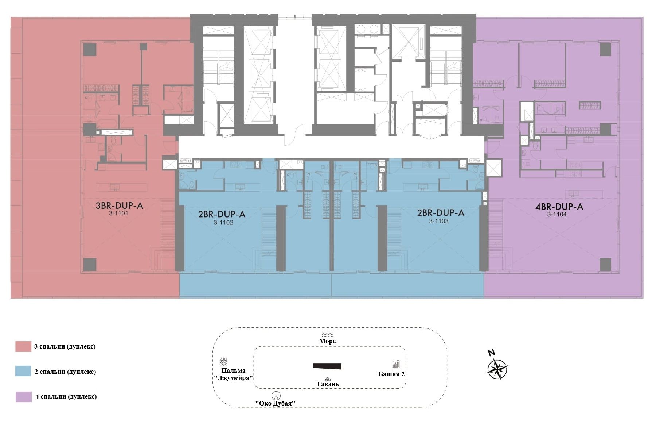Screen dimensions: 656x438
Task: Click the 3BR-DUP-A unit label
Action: pos(120,206)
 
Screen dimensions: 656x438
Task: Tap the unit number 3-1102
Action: pos(223,222)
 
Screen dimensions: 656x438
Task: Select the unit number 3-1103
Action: pos(438,221)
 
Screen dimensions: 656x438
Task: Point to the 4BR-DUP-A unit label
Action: pos(559,207)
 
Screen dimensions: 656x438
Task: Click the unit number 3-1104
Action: pos(557,215)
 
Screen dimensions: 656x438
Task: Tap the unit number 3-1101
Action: pos(118,214)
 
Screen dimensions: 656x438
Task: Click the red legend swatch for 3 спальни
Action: pos(23,346)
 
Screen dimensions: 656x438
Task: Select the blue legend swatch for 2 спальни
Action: pos(23,371)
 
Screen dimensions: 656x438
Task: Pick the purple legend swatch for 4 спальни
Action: pos(23,397)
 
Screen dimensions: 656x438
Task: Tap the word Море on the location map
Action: pos(327,341)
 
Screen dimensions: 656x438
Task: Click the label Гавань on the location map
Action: pos(328,384)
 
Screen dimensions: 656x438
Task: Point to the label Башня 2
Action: pos(392,374)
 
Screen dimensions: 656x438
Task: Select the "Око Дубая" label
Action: pos(275,403)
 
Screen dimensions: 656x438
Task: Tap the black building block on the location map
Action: pos(327,366)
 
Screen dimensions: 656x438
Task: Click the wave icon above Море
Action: pos(327,335)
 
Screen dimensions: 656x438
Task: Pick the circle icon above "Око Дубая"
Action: pos(276,396)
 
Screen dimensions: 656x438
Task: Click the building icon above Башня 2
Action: pos(396,364)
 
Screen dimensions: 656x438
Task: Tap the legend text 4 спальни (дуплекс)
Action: pos(66,396)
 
